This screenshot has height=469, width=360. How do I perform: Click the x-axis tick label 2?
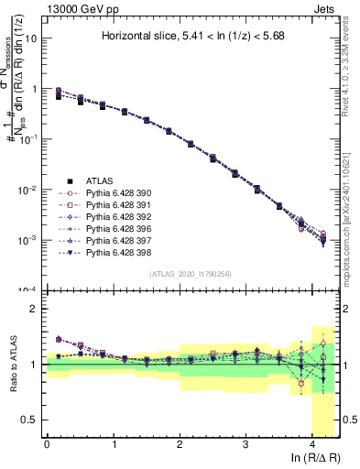coord(179,444)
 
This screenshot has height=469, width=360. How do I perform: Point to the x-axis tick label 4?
coord(312,444)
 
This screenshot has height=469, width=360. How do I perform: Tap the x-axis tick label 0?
coord(47,444)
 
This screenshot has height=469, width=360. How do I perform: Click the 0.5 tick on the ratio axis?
coord(29,420)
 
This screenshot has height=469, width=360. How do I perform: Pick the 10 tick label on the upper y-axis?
coord(30,39)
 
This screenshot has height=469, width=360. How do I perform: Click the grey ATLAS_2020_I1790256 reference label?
coord(191,274)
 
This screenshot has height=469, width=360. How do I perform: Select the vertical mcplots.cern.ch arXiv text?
coord(348,210)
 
